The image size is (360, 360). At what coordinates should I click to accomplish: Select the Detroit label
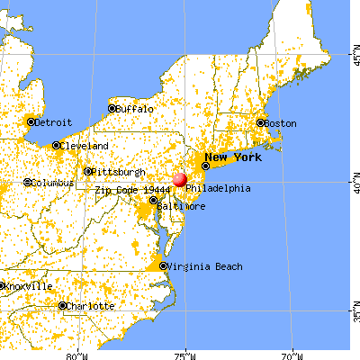53,121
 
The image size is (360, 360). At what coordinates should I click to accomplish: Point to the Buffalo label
135,109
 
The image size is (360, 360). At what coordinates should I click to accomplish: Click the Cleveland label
85,146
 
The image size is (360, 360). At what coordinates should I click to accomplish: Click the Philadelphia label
218,189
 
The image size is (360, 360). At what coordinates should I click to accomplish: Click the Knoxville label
28,286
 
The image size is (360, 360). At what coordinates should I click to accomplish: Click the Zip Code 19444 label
128,191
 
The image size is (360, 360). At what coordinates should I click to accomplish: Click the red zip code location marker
179,180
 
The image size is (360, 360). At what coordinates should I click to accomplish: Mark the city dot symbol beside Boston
260,123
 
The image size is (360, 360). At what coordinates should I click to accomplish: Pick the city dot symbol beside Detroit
31,121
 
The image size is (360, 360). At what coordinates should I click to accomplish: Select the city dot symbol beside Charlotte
62,306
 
